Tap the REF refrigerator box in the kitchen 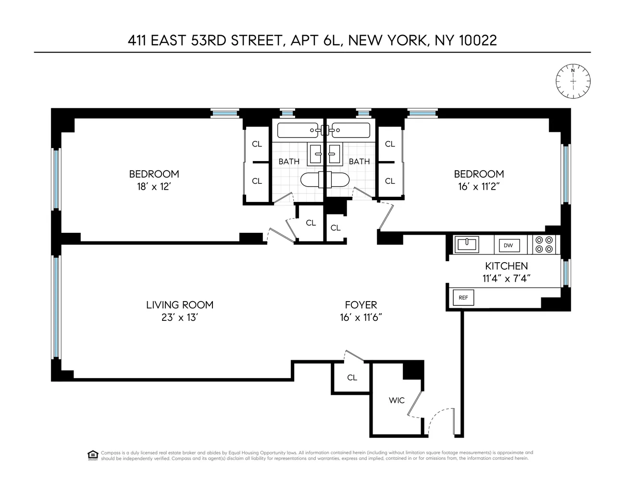pyautogui.click(x=463, y=298)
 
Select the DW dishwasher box pyautogui.click(x=508, y=245)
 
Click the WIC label pyautogui.click(x=397, y=400)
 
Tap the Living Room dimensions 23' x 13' pyautogui.click(x=179, y=317)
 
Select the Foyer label pyautogui.click(x=361, y=304)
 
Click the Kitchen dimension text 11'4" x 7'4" pyautogui.click(x=506, y=278)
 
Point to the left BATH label pyautogui.click(x=289, y=162)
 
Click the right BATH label pyautogui.click(x=359, y=162)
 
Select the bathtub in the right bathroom pyautogui.click(x=352, y=130)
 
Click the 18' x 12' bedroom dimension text pyautogui.click(x=154, y=187)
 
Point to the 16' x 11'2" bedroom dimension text pyautogui.click(x=479, y=187)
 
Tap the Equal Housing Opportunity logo pyautogui.click(x=93, y=455)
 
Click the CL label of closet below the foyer pyautogui.click(x=352, y=378)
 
